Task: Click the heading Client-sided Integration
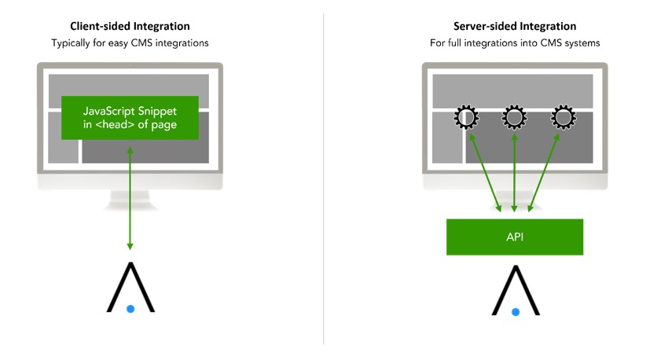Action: click(x=130, y=27)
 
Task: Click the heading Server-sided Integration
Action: click(x=515, y=27)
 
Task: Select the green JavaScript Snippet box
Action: click(x=130, y=117)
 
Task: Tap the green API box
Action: click(x=515, y=237)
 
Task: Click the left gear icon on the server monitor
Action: click(x=465, y=118)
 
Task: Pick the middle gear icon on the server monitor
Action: click(x=514, y=118)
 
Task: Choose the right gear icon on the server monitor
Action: click(x=563, y=118)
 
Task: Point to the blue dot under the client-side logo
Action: click(x=130, y=309)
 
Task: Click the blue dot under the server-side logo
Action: click(x=516, y=311)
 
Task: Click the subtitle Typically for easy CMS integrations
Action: click(x=130, y=43)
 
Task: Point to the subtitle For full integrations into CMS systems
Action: click(x=515, y=43)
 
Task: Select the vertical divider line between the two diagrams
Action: click(x=323, y=181)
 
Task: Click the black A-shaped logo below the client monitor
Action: click(x=130, y=285)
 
